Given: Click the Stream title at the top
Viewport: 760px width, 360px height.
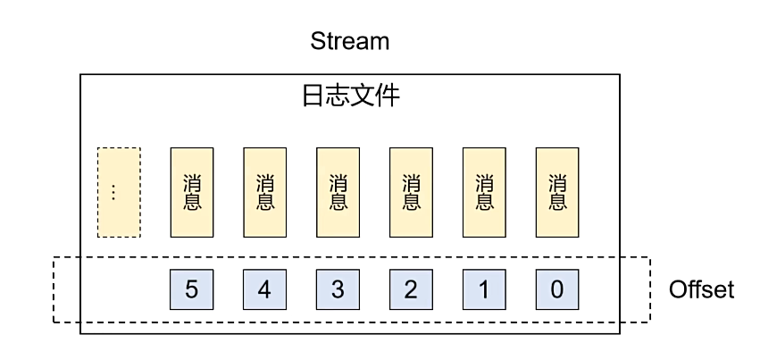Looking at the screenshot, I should (349, 41).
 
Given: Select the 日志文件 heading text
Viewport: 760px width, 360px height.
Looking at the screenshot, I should (350, 96).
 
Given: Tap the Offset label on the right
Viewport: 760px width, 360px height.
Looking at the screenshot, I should (701, 289).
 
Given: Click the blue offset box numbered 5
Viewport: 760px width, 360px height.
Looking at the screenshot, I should (192, 289).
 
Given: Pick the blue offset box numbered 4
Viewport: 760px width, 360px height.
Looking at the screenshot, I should (265, 289).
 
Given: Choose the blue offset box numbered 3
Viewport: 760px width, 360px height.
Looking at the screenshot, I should (338, 289).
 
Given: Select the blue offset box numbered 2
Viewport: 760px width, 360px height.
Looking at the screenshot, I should (411, 289).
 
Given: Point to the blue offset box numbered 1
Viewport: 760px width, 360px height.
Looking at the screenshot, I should (484, 289).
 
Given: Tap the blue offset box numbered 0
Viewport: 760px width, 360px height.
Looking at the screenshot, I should (557, 289).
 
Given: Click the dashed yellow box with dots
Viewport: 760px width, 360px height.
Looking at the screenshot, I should (119, 192).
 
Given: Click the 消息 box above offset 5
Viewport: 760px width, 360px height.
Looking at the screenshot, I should (192, 192).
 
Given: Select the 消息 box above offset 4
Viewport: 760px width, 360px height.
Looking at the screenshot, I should (265, 192).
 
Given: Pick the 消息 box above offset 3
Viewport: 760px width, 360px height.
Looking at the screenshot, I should (338, 192).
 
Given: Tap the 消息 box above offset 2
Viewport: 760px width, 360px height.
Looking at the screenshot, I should (411, 192).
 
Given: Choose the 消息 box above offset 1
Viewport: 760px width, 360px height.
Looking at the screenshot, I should (484, 192).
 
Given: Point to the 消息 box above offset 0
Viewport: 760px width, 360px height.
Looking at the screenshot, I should (557, 192).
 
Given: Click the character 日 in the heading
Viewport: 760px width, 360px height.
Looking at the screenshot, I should (313, 96).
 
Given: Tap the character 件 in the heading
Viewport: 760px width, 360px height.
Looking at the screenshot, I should (387, 96).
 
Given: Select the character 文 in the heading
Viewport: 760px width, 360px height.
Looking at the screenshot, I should (363, 96).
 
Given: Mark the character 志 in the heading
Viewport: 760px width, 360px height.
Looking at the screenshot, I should (338, 96).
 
